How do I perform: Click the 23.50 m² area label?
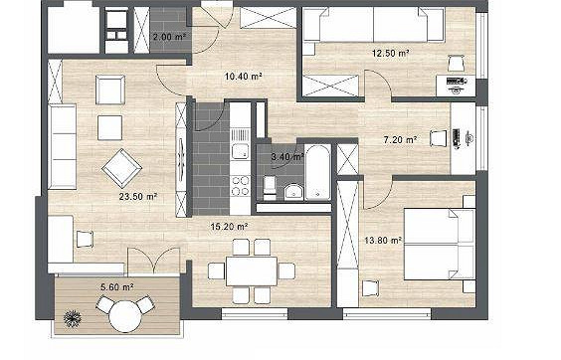pyautogui.click(x=138, y=197)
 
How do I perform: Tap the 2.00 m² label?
pyautogui.click(x=169, y=37)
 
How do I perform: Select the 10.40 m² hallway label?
pyautogui.click(x=244, y=77)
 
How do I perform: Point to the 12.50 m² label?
pyautogui.click(x=391, y=54)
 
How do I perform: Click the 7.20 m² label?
pyautogui.click(x=400, y=139)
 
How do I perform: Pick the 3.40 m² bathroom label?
pyautogui.click(x=287, y=157)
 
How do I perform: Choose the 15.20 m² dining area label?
pyautogui.click(x=230, y=227)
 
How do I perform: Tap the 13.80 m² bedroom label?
pyautogui.click(x=383, y=240)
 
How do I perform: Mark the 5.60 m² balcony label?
pyautogui.click(x=117, y=287)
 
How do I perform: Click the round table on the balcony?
pyautogui.click(x=123, y=316)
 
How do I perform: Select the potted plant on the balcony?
pyautogui.click(x=73, y=318)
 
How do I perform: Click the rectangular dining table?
pyautogui.click(x=252, y=270)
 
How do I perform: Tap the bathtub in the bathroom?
pyautogui.click(x=317, y=172)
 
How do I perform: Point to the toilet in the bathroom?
pyautogui.click(x=270, y=187)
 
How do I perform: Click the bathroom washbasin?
pyautogui.click(x=293, y=192)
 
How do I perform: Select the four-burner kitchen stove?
pyautogui.click(x=240, y=186)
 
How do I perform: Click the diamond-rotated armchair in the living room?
pyautogui.click(x=121, y=168)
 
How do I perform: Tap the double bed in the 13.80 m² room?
pyautogui.click(x=440, y=244)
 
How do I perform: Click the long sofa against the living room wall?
pyautogui.click(x=63, y=146)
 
